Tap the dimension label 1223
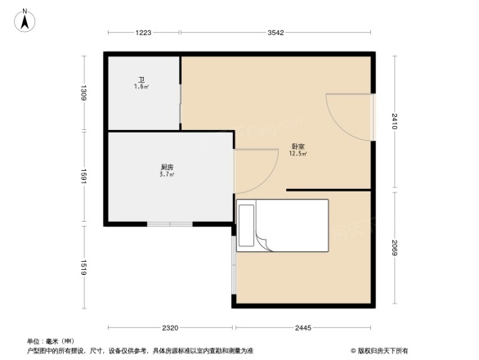pyautogui.click(x=144, y=33)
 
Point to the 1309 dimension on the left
pyautogui.click(x=83, y=92)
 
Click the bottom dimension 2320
pyautogui.click(x=169, y=328)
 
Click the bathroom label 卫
pyautogui.click(x=141, y=80)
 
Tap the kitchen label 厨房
pyautogui.click(x=166, y=167)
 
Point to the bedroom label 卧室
pyautogui.click(x=298, y=147)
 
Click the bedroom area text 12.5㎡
pyautogui.click(x=298, y=154)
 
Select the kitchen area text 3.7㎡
pyautogui.click(x=166, y=174)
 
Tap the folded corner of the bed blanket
pyautogui.click(x=264, y=240)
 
